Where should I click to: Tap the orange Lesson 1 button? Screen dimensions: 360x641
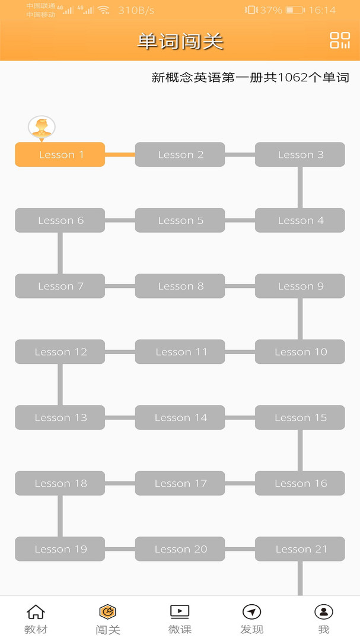point(60,154)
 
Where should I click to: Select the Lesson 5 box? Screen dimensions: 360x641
point(180,220)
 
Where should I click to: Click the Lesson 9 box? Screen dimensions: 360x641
point(300,286)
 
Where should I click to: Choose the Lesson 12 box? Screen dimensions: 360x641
point(60,351)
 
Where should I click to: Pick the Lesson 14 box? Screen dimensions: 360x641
point(180,417)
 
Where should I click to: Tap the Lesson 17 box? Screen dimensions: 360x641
point(180,483)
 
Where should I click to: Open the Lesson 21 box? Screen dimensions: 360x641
point(300,549)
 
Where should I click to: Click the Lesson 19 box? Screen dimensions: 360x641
point(60,549)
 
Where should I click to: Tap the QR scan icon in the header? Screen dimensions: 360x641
point(340,40)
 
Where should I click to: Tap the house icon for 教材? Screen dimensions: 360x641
point(36,612)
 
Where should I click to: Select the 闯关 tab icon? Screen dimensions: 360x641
point(108,612)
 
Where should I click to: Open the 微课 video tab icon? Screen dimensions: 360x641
point(180,611)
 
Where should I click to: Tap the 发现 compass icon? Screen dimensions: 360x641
point(251,612)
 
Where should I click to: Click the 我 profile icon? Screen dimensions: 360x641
point(324,612)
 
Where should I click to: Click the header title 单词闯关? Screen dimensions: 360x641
point(180,42)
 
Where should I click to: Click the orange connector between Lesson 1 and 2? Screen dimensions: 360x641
point(120,154)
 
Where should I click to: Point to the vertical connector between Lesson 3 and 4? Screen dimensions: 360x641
point(300,188)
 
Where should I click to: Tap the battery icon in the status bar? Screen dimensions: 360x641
point(295,10)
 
